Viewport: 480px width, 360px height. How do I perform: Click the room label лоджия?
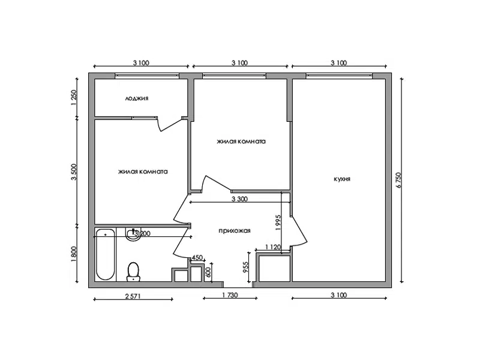click(137, 98)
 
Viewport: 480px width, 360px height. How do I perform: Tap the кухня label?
click(342, 179)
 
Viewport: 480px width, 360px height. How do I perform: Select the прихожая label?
click(235, 231)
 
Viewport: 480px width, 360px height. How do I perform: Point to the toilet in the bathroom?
click(133, 272)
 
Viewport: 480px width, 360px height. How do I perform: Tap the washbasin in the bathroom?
click(133, 235)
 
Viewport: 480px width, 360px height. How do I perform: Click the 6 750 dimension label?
click(398, 181)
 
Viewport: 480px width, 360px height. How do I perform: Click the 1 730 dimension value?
click(230, 295)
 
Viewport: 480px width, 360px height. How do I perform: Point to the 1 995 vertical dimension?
click(278, 223)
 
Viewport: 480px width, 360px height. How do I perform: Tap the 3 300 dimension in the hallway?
click(239, 199)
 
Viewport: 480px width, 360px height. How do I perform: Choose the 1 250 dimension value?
click(73, 98)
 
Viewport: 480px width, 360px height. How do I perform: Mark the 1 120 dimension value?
click(272, 247)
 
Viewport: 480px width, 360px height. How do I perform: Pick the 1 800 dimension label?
click(73, 254)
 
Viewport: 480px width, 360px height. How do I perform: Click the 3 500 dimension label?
click(73, 172)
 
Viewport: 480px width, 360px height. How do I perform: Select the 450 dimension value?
click(197, 258)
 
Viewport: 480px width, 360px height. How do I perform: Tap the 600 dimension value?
click(208, 272)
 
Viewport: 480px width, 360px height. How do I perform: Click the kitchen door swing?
click(299, 230)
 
